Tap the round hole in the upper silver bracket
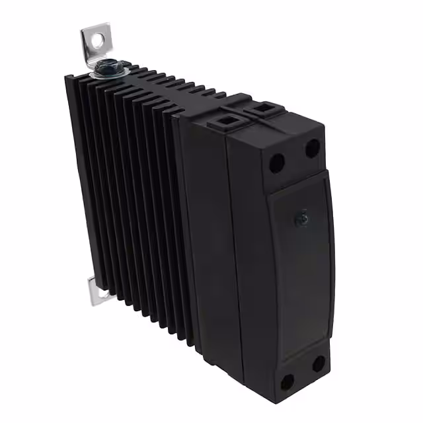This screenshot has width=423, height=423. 98,40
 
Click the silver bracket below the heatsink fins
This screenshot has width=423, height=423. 96,292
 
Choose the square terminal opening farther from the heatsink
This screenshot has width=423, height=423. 266,108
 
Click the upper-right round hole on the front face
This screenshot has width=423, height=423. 313,149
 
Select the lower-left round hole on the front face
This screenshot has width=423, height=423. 288,381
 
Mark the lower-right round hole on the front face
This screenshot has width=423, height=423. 319,364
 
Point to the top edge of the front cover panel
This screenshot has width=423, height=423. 297,180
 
